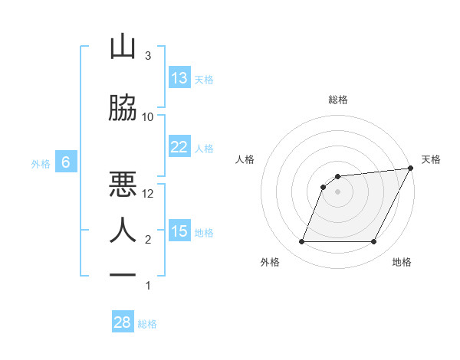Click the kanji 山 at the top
click(123, 47)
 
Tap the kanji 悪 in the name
click(123, 184)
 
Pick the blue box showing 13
click(179, 78)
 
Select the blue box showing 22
click(179, 147)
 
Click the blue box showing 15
click(179, 231)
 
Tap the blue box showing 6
click(66, 162)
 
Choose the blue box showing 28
click(123, 322)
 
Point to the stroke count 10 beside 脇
click(148, 116)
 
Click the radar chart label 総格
click(338, 100)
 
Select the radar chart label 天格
click(431, 159)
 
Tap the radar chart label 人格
click(245, 159)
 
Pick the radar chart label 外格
click(270, 262)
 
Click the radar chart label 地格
click(402, 262)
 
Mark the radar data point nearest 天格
click(412, 168)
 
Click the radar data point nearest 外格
click(301, 242)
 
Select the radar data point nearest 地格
click(374, 242)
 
